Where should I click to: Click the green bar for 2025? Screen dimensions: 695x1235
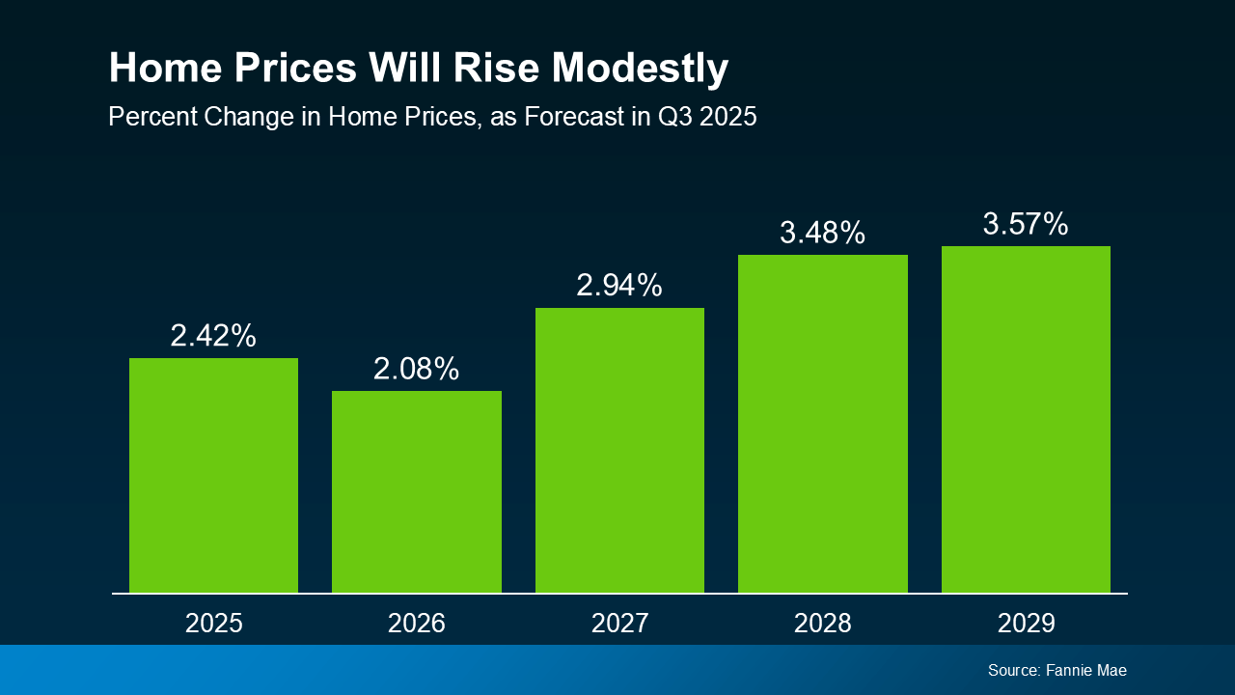(213, 475)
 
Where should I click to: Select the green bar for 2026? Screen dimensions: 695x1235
(417, 491)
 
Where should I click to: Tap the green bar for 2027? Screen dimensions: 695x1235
(619, 450)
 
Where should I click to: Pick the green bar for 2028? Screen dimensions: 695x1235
(823, 423)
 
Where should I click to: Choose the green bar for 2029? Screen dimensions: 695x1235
(1026, 419)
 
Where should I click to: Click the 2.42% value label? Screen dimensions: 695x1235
(213, 336)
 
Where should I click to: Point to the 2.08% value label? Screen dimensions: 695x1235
(417, 369)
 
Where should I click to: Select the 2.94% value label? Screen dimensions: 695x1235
(619, 286)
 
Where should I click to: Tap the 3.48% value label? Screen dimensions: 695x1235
(823, 233)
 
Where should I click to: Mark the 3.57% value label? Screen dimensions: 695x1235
(1026, 224)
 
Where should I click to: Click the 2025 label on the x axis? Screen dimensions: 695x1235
(213, 624)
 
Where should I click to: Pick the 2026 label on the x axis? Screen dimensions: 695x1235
(417, 624)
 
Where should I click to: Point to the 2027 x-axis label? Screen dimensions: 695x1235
(619, 624)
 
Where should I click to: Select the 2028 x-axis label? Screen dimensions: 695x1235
(823, 624)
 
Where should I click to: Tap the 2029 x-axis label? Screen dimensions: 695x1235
(1026, 624)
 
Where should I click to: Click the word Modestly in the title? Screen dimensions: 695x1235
(640, 69)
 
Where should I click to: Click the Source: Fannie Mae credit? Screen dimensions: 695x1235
(1057, 670)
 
